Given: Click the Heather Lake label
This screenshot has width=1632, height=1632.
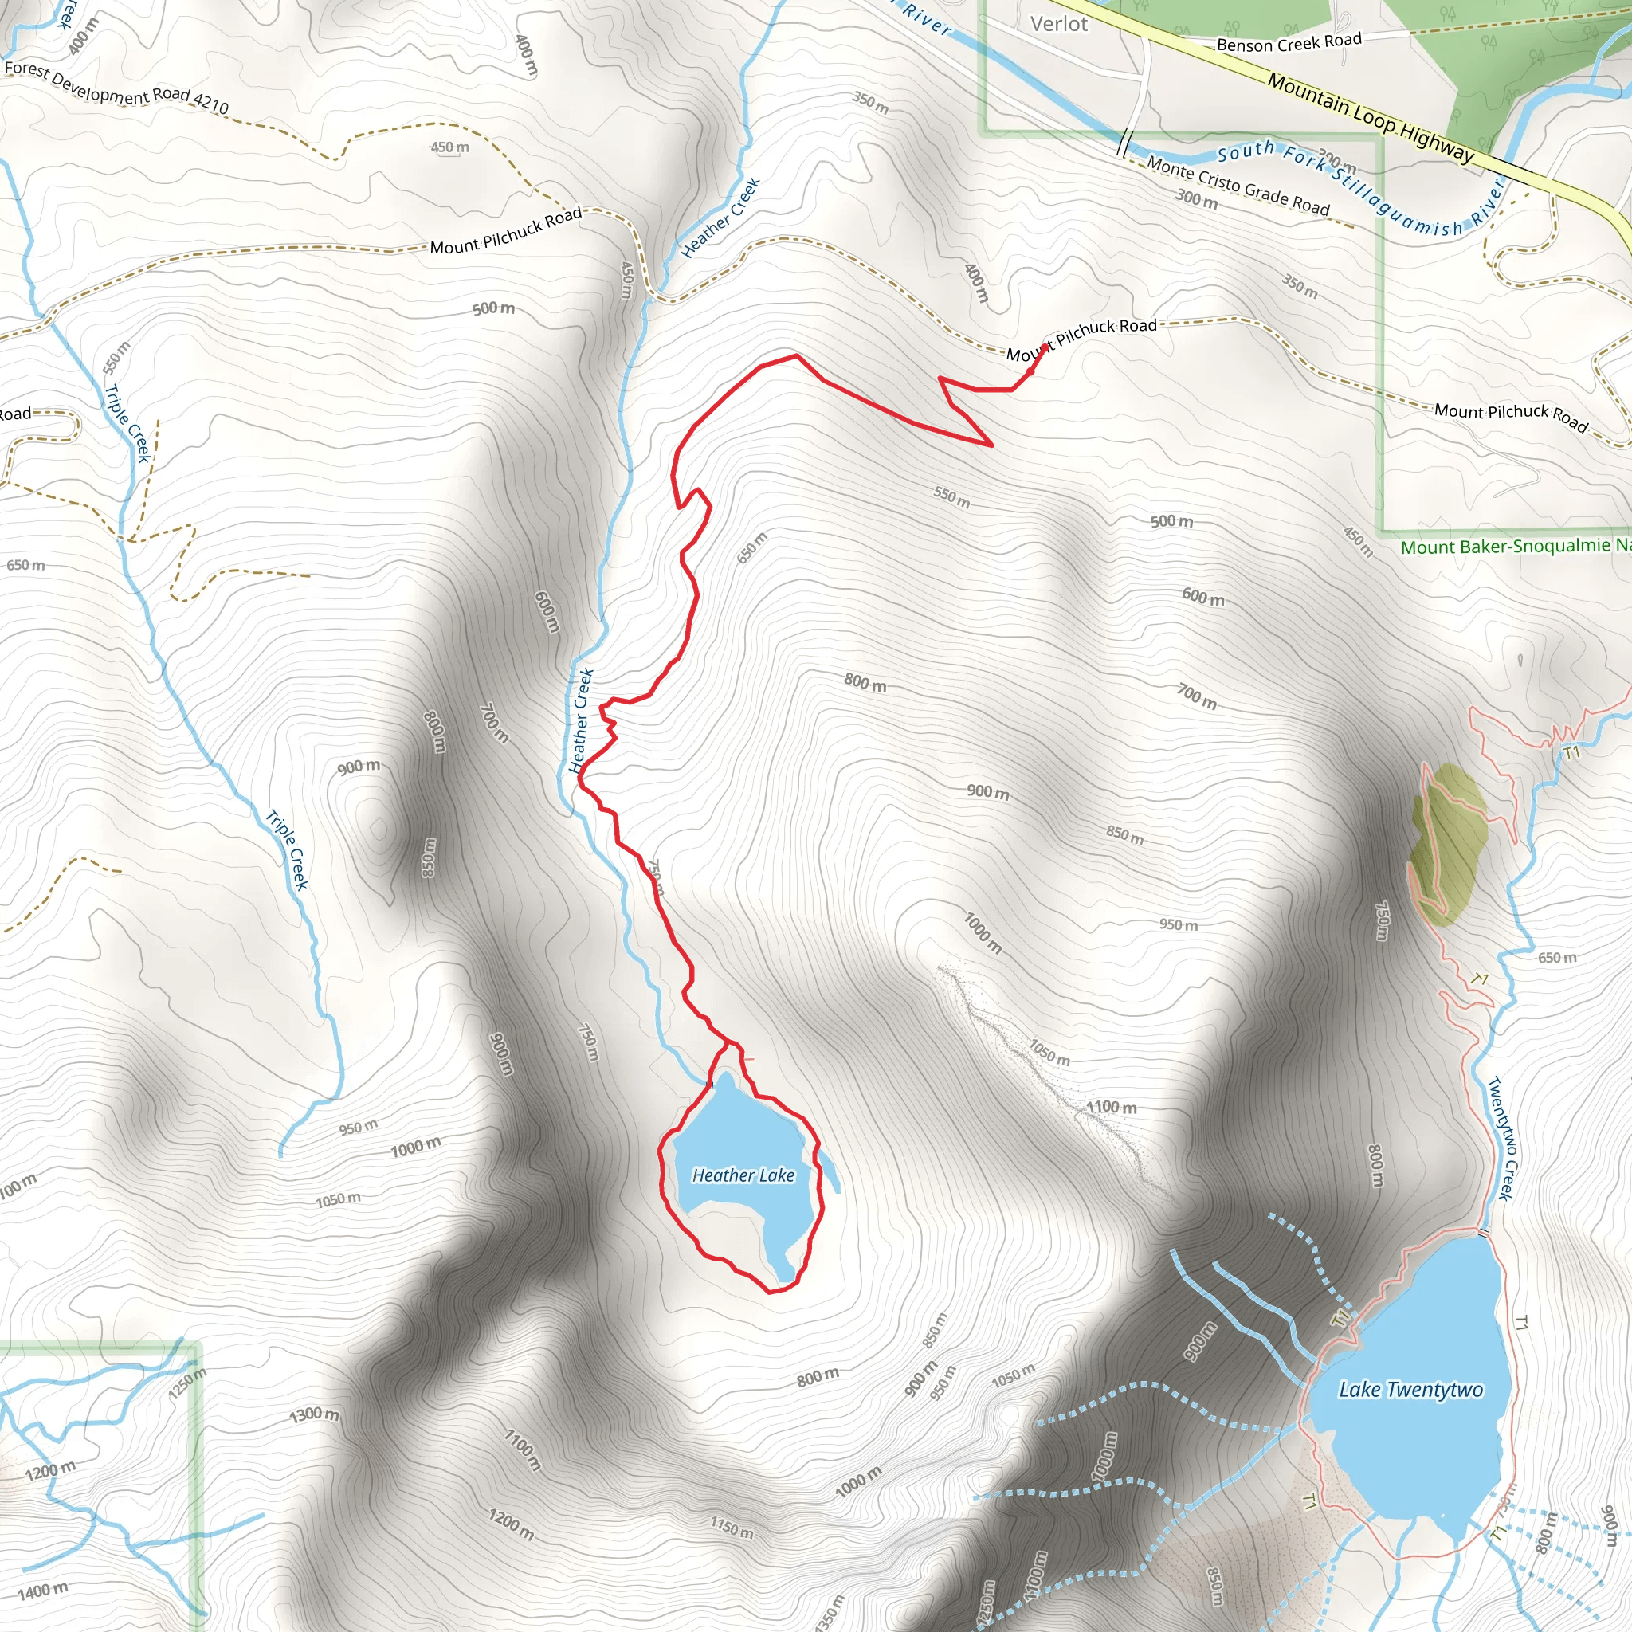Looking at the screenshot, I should pos(743,1175).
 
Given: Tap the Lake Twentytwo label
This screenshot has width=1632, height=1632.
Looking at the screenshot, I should pos(1410,1390).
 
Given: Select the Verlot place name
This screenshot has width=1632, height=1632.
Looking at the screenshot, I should pos(1058,24).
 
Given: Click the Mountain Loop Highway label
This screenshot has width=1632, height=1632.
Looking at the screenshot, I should pos(1370,118).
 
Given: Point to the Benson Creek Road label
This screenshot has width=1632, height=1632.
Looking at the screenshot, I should pos(1289,42).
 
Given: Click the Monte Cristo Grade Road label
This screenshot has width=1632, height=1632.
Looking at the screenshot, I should pos(1238,186).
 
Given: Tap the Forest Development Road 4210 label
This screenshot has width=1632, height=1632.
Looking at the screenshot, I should pos(116,88).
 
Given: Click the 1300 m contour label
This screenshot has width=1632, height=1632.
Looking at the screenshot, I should pos(314,1414).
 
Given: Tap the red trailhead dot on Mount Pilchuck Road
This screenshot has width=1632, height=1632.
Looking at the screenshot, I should pos(1045,347).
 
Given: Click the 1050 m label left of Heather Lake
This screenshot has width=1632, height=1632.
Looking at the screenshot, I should pos(338,1199).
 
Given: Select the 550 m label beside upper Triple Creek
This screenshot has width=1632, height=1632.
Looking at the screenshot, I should pos(116,358).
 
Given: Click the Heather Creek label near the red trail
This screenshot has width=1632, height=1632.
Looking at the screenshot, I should pos(581,720).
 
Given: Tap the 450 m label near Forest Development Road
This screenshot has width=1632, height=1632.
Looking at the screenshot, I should pos(449,148).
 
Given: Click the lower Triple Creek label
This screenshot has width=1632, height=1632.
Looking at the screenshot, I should pos(287,849).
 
